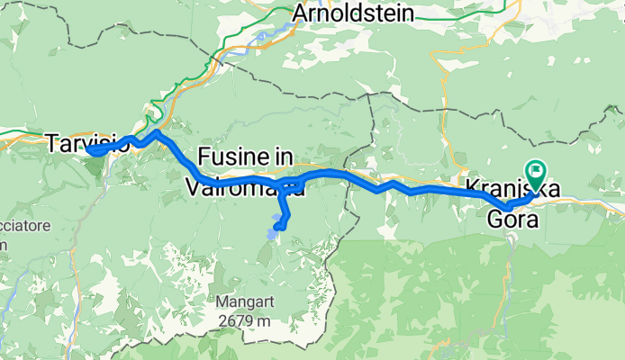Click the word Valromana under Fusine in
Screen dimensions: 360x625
pyautogui.click(x=243, y=187)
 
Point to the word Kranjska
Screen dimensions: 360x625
pyautogui.click(x=514, y=188)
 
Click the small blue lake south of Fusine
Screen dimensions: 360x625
pyautogui.click(x=270, y=236)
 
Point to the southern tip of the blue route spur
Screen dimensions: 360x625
pyautogui.click(x=280, y=228)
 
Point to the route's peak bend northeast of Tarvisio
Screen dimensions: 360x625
pyautogui.click(x=157, y=133)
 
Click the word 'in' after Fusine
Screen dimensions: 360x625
pyautogui.click(x=284, y=157)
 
